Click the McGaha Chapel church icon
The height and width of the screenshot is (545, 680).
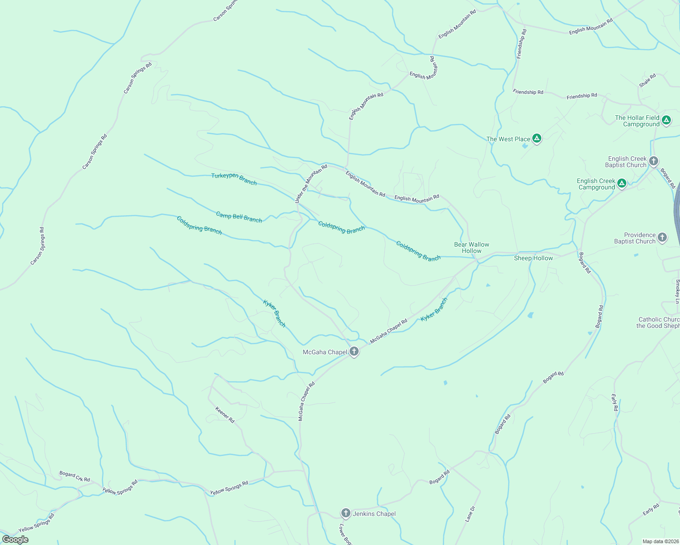(x=354, y=352)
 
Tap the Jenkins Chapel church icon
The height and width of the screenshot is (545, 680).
(x=346, y=514)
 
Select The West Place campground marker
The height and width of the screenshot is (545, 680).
(x=537, y=139)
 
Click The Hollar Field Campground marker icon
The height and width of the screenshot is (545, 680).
(x=666, y=120)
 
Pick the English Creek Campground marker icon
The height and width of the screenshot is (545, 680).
(x=622, y=183)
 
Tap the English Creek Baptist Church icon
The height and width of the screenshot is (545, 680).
(x=654, y=161)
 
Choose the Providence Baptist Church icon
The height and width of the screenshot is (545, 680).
(x=662, y=238)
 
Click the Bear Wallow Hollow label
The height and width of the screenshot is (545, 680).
(x=472, y=248)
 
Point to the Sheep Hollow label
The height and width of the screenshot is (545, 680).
(x=533, y=258)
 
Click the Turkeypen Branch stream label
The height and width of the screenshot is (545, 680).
(x=234, y=179)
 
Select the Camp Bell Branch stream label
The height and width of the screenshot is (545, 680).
(x=239, y=217)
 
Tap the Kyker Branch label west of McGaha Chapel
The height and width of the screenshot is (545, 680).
(x=275, y=313)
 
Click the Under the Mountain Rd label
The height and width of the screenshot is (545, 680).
(x=311, y=184)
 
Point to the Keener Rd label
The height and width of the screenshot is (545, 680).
(x=225, y=415)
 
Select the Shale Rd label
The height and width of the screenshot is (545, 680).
(x=647, y=81)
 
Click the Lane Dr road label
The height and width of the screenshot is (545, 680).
(x=470, y=514)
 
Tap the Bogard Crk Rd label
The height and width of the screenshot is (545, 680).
(x=75, y=476)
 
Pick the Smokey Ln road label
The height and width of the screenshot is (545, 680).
(x=677, y=292)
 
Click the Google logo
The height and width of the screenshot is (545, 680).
(x=15, y=540)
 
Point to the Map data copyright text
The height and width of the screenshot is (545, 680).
(x=660, y=541)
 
